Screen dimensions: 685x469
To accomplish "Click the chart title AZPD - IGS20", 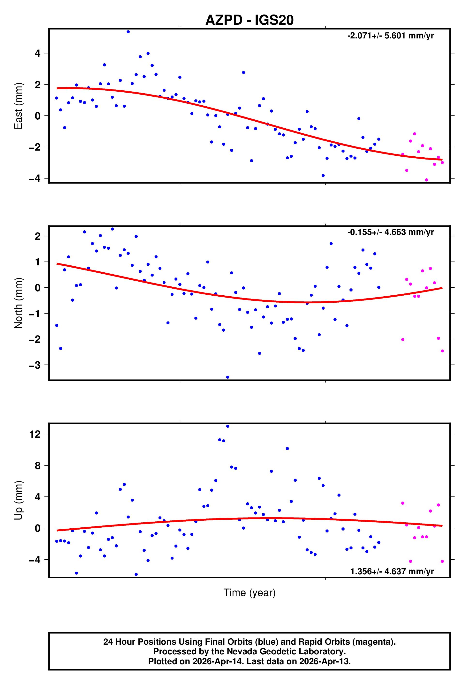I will [250, 20].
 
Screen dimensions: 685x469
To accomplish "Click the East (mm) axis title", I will [18, 106].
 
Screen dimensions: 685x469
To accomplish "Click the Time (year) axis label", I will [250, 592].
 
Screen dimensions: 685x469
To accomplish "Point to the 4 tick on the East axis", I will [38, 53].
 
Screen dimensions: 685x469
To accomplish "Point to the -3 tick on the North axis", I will [35, 365].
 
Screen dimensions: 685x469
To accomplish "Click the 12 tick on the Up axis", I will [35, 434].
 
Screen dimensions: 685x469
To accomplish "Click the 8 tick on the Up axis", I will [38, 466].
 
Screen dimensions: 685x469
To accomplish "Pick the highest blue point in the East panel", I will [128, 32].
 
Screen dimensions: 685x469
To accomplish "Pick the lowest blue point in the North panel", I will [227, 377].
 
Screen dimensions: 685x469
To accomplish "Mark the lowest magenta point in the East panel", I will [426, 180].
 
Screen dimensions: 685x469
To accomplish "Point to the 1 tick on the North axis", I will [38, 262].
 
